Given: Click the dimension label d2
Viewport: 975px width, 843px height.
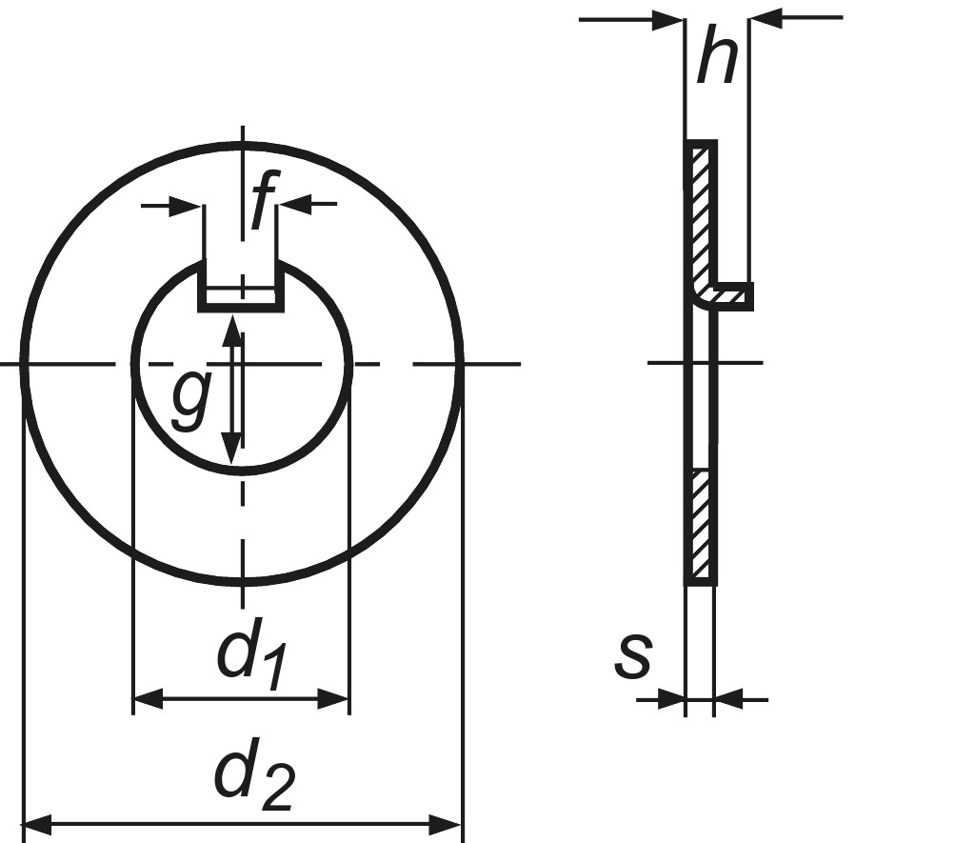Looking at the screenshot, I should (253, 778).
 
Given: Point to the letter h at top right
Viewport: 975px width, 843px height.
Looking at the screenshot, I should (717, 55).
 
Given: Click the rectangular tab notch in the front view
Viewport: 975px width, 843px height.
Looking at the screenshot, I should (241, 286).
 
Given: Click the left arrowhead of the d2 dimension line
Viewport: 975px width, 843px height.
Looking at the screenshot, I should (36, 823).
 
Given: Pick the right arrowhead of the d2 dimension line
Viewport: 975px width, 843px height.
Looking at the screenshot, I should (448, 823).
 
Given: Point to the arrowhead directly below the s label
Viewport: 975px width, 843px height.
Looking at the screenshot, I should (671, 700).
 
